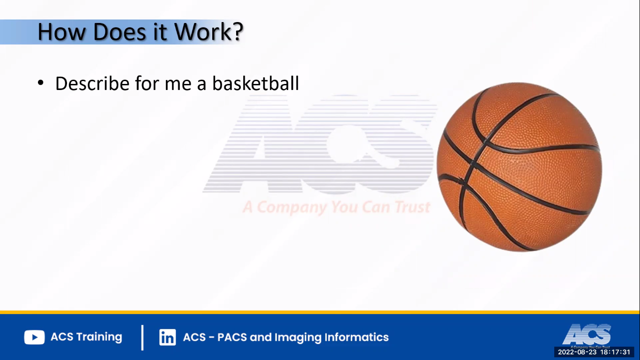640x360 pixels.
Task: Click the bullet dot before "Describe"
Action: coord(41,83)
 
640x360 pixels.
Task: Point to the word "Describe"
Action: coord(92,83)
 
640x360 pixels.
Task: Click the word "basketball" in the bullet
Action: coord(255,83)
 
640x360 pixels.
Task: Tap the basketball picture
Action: coord(519,167)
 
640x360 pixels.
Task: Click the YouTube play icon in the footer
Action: coord(34,337)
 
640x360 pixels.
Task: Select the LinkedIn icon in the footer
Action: coord(167,337)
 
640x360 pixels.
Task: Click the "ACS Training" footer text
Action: coord(86,337)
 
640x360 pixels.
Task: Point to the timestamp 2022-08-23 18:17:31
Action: coord(594,352)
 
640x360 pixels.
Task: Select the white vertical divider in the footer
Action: coord(142,337)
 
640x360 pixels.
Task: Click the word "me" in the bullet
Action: coord(177,83)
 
